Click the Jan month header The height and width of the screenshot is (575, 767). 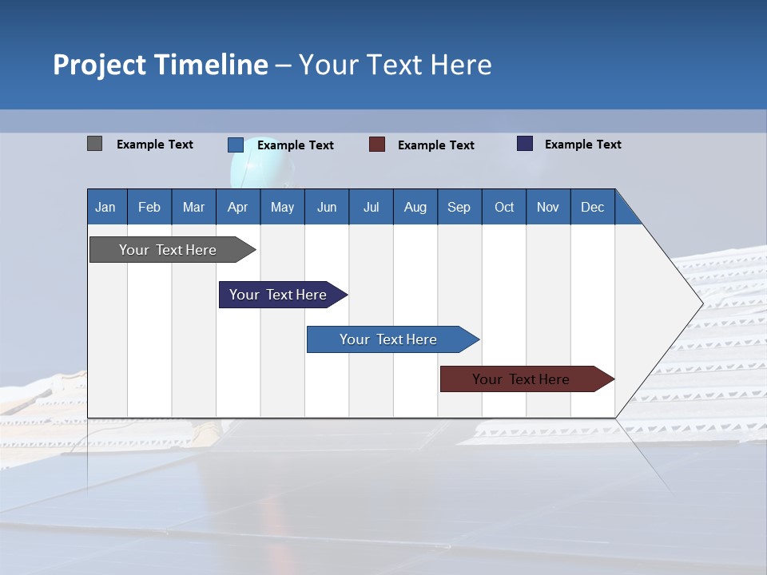coord(105,207)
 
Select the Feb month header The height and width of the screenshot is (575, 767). coord(149,207)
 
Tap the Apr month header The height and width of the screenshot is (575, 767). coord(237,207)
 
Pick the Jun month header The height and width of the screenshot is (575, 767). coord(327,207)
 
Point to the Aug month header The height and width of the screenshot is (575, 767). coord(415,207)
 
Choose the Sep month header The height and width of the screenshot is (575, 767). coord(459,207)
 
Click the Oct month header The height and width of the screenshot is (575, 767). coord(504,207)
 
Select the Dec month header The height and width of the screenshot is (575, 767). coord(592,207)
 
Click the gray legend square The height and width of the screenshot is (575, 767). coord(94,144)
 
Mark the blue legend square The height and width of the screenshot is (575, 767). coord(236,145)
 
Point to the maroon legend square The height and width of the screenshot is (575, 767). coord(377,145)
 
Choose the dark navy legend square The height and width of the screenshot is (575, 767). coord(525,144)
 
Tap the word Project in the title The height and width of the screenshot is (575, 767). coord(100,65)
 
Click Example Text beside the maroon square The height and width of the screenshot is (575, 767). coord(435,145)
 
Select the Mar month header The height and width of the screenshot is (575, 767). coord(193,207)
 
